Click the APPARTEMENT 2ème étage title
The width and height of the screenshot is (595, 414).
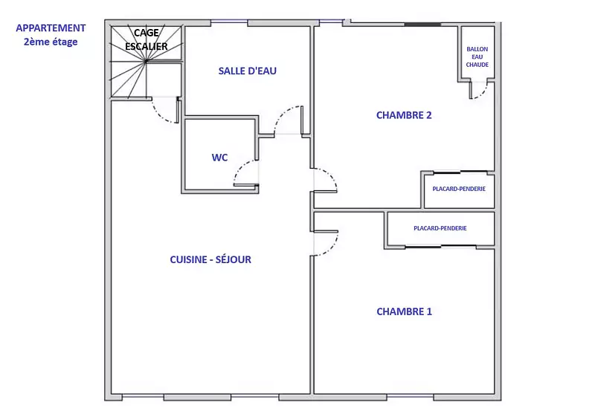(51, 35)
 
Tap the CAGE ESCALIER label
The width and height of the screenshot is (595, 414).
(147, 39)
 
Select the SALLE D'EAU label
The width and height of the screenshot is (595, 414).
(248, 71)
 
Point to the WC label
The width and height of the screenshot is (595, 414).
(219, 158)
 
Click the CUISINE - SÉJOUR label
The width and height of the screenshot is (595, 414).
(210, 259)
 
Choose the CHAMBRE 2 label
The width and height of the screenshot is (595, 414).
(404, 115)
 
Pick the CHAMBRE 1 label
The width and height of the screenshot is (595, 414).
(404, 311)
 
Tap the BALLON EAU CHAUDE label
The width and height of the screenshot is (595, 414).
(477, 57)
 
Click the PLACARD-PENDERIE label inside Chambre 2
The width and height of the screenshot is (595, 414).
(459, 189)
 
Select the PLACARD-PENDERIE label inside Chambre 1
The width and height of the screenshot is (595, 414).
(440, 228)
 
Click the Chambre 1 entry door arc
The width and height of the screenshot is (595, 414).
(331, 248)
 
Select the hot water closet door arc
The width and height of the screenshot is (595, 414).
(482, 94)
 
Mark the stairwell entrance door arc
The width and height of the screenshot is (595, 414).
(158, 116)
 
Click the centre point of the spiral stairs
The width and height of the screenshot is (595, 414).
(146, 61)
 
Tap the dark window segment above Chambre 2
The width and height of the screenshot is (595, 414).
(422, 25)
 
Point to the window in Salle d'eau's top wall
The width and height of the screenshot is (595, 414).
(229, 21)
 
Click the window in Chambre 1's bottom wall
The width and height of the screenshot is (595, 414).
(411, 396)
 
